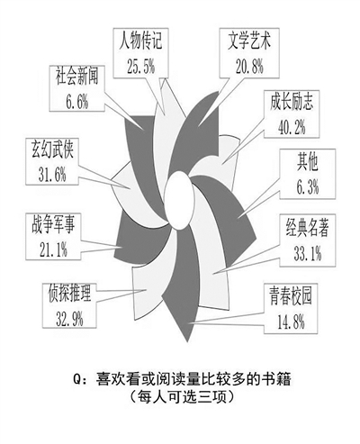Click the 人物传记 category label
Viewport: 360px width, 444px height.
point(140,41)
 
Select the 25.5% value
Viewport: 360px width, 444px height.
point(140,66)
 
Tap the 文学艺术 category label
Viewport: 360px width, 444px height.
point(249,41)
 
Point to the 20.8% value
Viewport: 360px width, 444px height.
point(249,66)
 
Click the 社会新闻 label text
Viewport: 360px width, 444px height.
point(76,76)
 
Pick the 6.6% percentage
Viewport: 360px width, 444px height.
point(77,102)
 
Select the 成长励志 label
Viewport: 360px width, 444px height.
point(292,102)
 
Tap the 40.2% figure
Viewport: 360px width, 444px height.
point(292,127)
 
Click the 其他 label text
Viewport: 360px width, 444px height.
point(307,162)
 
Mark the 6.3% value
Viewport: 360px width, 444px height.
point(308,187)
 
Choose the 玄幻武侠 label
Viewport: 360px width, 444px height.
point(53,150)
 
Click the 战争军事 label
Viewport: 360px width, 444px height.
point(53,225)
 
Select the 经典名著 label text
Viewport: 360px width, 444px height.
point(307,228)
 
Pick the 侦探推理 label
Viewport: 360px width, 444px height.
point(69,294)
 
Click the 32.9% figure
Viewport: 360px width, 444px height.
point(69,319)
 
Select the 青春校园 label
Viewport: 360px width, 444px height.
point(291,296)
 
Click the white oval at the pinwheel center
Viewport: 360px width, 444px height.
point(179,200)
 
